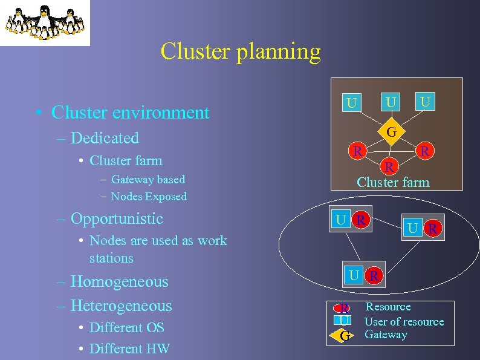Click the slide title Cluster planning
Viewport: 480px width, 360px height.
tap(240, 52)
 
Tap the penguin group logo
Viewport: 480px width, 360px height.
tap(45, 22)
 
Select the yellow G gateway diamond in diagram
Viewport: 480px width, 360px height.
tap(391, 131)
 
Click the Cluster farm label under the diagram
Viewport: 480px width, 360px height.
tap(393, 182)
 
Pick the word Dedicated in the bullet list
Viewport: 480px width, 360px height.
tap(105, 138)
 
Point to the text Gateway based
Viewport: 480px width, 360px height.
tap(148, 180)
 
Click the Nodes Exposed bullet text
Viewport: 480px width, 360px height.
tap(149, 197)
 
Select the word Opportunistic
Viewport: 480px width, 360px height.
tap(117, 218)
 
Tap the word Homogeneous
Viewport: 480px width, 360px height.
tap(119, 281)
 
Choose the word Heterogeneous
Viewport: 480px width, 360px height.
tap(121, 306)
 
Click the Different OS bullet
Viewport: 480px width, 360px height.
tap(126, 327)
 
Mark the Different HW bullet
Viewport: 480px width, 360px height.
tap(129, 349)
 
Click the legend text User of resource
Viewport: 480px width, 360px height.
tap(404, 322)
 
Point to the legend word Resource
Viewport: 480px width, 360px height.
tap(388, 307)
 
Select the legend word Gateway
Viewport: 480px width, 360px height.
tap(386, 335)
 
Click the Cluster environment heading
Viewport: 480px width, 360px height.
tap(130, 113)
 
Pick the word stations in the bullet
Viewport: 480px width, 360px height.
tap(111, 258)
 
